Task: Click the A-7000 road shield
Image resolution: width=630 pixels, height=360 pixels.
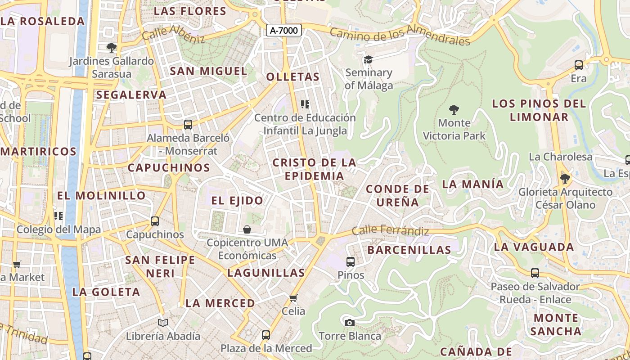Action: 283,31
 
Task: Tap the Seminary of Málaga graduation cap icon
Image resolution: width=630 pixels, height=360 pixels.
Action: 369,59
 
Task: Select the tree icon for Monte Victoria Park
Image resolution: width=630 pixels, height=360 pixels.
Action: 454,109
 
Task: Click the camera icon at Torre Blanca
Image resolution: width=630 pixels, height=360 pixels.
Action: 349,323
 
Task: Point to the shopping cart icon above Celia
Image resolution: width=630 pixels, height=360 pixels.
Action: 293,298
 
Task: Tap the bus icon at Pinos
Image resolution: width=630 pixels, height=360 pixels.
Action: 350,261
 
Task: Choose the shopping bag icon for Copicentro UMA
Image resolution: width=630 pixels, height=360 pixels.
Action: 247,229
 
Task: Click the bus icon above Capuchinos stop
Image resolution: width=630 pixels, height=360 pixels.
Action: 155,221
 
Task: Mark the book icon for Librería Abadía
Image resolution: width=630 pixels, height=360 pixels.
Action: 163,323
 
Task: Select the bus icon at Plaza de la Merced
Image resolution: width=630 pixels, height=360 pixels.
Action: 266,335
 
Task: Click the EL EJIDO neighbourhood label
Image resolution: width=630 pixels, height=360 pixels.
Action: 237,201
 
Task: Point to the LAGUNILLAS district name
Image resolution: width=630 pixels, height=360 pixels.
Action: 266,273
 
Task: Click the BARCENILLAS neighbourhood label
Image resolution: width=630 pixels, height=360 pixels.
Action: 409,250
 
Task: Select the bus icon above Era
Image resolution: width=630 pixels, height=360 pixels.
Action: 579,65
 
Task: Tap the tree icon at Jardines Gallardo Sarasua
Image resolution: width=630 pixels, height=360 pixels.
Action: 111,47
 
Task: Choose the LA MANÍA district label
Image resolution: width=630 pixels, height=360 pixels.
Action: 472,184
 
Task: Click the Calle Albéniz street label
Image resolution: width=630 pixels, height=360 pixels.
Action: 173,34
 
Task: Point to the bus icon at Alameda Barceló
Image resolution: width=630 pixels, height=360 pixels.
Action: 188,125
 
